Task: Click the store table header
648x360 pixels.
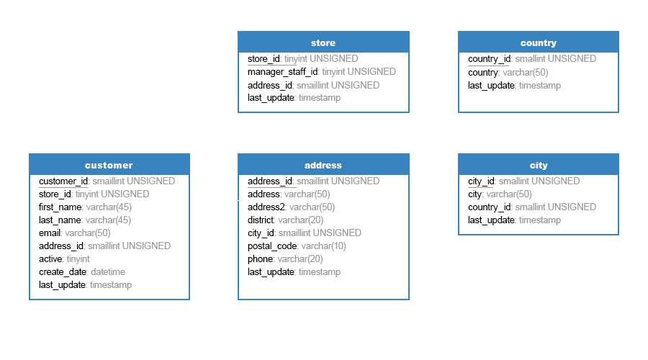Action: pos(323,42)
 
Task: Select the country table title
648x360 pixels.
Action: pos(538,42)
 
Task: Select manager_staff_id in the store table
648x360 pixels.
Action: pos(283,72)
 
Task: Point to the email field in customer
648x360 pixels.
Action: pos(50,233)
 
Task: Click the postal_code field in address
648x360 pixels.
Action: pos(272,246)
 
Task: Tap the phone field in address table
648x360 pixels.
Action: pos(261,259)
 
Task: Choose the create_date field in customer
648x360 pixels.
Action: pos(63,272)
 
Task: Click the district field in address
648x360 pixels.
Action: pos(261,220)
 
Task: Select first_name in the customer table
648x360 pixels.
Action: pos(60,207)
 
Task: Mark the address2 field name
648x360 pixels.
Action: pos(266,207)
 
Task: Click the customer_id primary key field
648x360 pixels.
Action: pos(63,181)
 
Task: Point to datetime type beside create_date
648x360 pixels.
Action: pos(108,272)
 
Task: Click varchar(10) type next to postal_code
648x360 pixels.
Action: pos(323,246)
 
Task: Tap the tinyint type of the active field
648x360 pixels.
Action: pos(78,259)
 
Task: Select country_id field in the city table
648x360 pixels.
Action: pos(490,207)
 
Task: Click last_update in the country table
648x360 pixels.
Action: pos(491,86)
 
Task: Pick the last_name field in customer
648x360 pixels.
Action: pos(60,220)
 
